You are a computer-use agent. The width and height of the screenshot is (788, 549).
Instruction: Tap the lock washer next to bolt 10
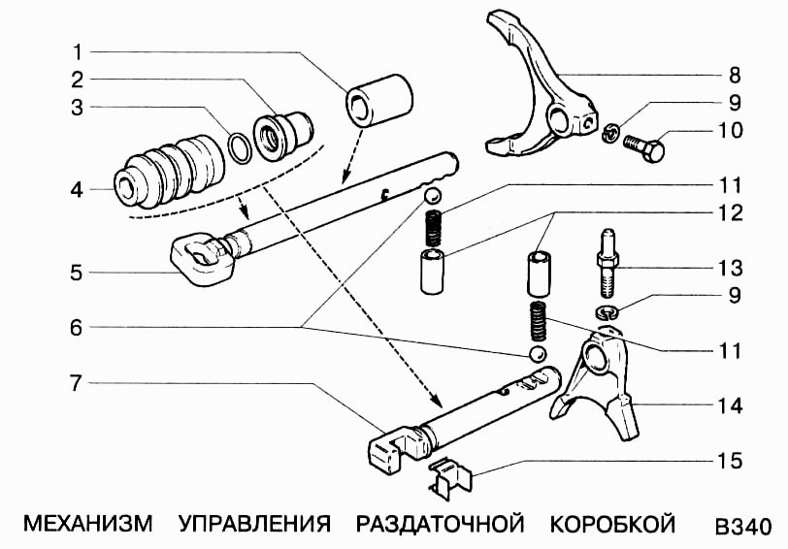(x=609, y=135)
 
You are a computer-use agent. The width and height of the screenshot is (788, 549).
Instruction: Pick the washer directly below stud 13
(x=607, y=311)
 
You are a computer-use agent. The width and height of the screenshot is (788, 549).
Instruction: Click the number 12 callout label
(x=731, y=211)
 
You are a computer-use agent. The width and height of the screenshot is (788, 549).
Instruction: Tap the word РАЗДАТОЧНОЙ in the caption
(x=441, y=525)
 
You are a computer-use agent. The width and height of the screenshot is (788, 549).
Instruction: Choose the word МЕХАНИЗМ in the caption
(x=87, y=525)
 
